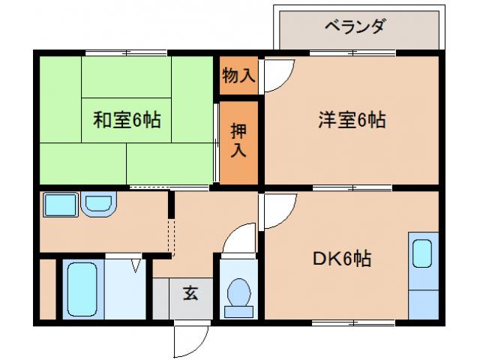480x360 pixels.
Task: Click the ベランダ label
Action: (355, 26)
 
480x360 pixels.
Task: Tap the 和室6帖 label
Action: (127, 118)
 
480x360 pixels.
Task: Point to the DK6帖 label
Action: (341, 259)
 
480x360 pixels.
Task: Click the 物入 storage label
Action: (238, 75)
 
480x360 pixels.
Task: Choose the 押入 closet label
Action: (238, 140)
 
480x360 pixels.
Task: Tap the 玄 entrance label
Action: (190, 294)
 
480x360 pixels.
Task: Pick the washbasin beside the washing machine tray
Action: (97, 203)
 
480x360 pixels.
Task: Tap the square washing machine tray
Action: (59, 205)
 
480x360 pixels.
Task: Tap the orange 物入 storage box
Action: (238, 76)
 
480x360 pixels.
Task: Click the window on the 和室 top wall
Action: (126, 52)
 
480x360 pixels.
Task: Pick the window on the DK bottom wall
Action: (353, 322)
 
